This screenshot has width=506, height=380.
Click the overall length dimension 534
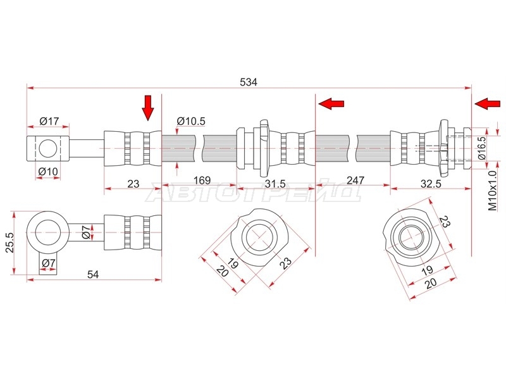pyautogui.click(x=249, y=82)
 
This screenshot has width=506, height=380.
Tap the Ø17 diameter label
pyautogui.click(x=49, y=121)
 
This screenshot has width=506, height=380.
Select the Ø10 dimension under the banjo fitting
pyautogui.click(x=48, y=171)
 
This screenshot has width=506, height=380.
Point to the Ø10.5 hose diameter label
pyautogui.click(x=191, y=121)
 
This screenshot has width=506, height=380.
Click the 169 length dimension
pyautogui.click(x=202, y=180)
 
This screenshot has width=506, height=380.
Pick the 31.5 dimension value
pyautogui.click(x=275, y=184)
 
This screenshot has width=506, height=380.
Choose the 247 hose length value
pyautogui.click(x=355, y=180)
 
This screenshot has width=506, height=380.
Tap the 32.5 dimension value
pyautogui.click(x=431, y=184)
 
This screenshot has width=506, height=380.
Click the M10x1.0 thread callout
pyautogui.click(x=493, y=191)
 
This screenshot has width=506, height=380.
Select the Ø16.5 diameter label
pyautogui.click(x=481, y=148)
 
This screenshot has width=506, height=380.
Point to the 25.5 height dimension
pyautogui.click(x=9, y=243)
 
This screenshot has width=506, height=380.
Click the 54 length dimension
pyautogui.click(x=93, y=274)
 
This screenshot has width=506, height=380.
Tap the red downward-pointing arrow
pyautogui.click(x=148, y=108)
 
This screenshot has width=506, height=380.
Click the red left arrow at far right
pyautogui.click(x=488, y=104)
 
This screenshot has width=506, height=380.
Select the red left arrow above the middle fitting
pyautogui.click(x=331, y=104)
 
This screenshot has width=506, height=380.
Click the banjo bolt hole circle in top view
pyautogui.click(x=48, y=148)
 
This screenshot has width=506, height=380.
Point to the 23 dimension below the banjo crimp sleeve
pyautogui.click(x=133, y=184)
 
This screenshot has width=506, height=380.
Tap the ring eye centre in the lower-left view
pyautogui.click(x=48, y=232)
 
